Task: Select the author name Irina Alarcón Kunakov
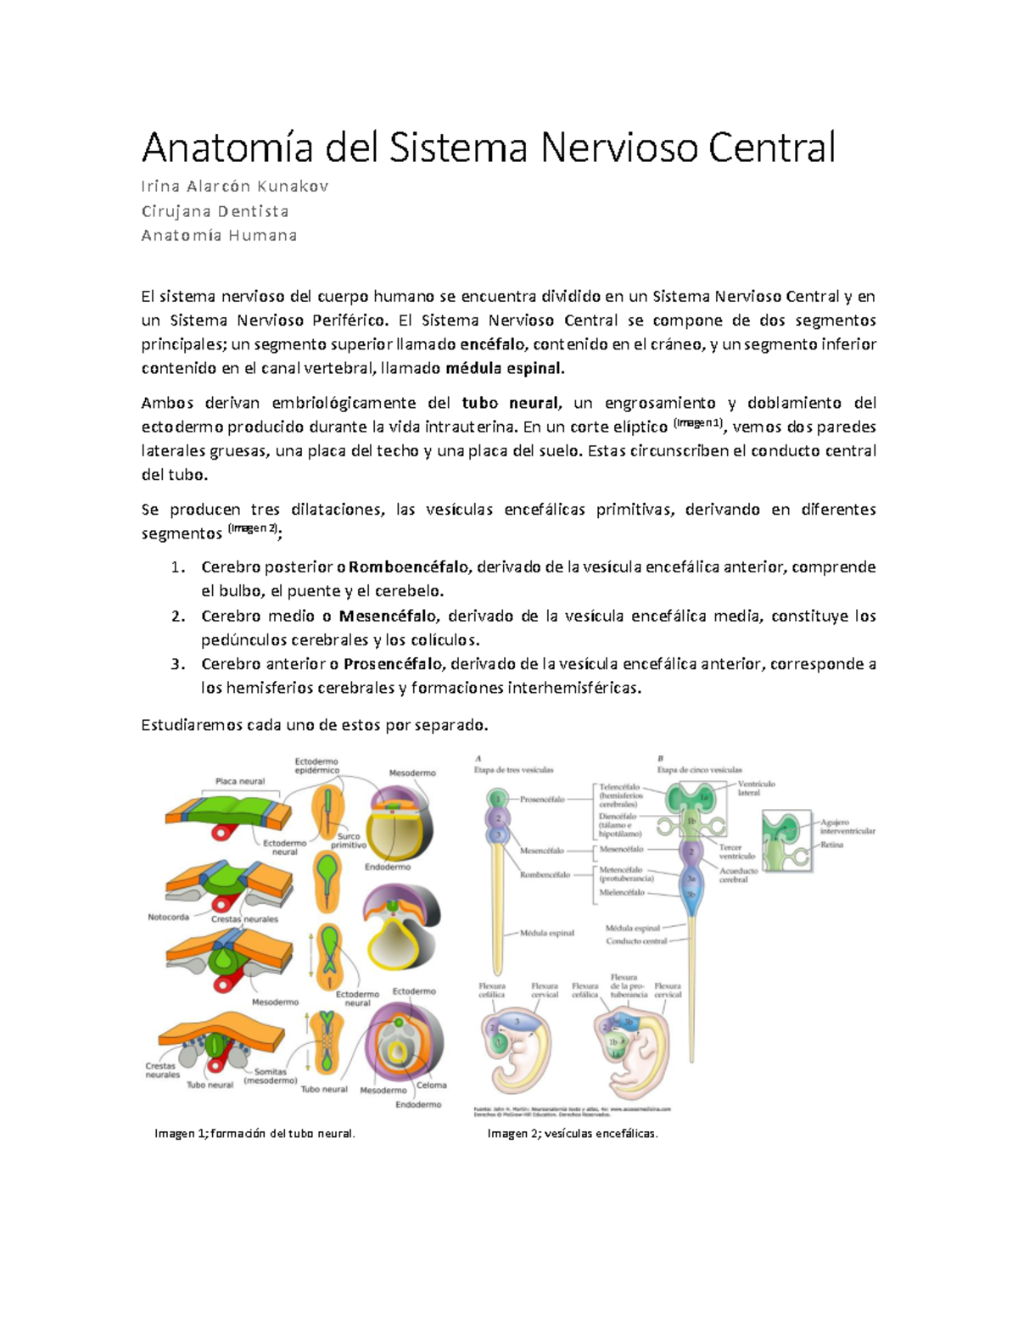click(235, 187)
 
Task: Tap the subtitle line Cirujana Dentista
click(215, 211)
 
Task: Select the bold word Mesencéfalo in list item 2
click(388, 616)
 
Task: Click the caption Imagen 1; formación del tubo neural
click(255, 1134)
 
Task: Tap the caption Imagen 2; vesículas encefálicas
click(573, 1134)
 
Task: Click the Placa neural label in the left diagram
click(240, 781)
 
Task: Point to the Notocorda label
click(168, 918)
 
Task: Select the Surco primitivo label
click(348, 840)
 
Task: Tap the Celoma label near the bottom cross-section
click(431, 1085)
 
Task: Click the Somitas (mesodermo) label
click(270, 1076)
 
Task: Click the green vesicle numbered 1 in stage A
click(498, 799)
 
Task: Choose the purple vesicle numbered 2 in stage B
click(691, 851)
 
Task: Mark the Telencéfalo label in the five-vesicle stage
click(619, 787)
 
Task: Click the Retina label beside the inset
click(831, 845)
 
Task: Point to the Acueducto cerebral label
click(738, 875)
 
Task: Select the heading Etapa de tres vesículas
click(513, 770)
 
